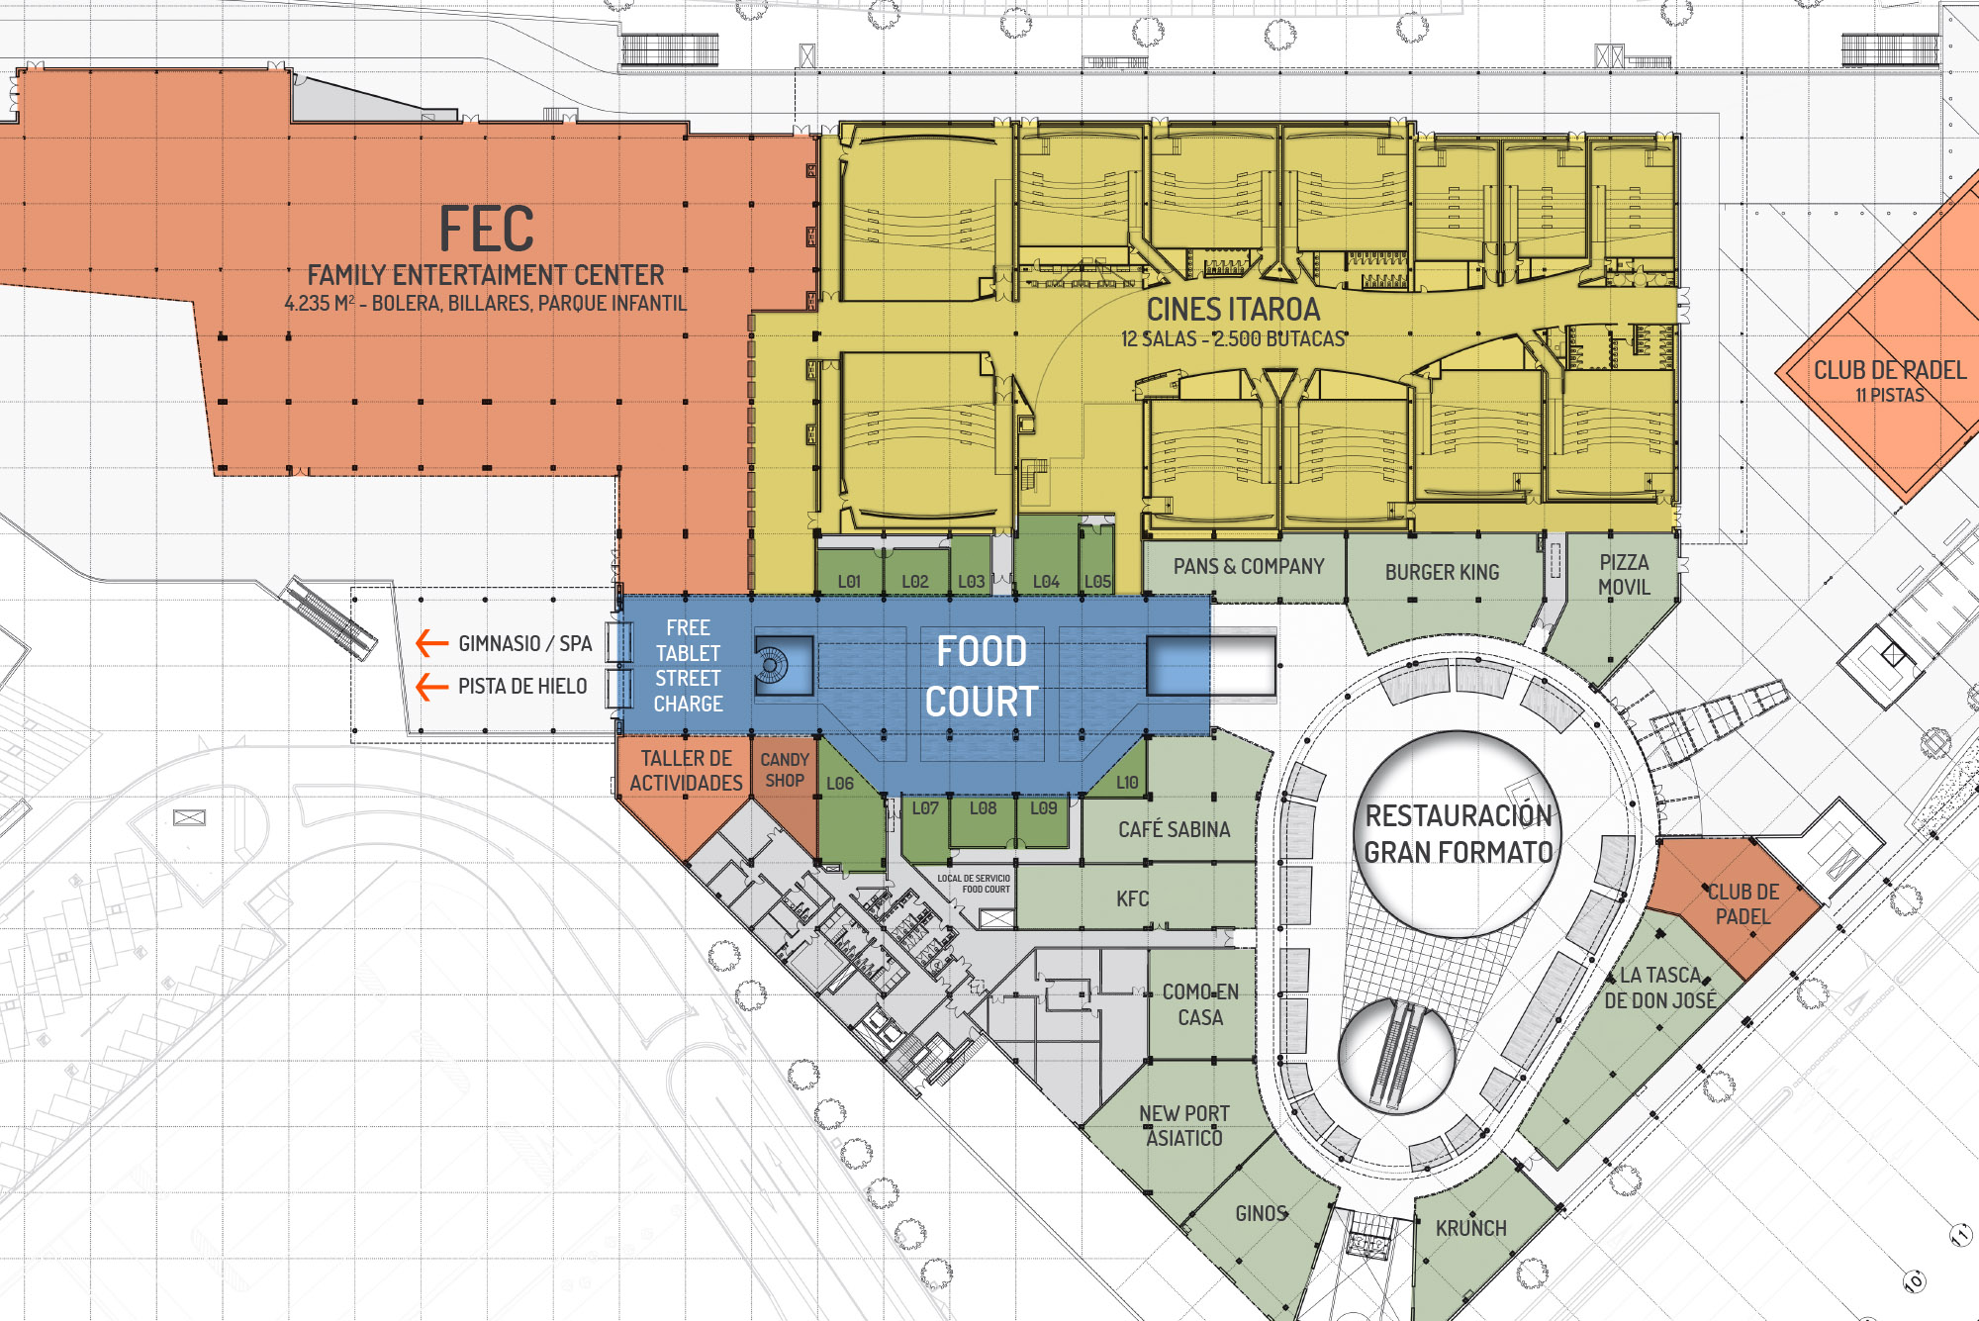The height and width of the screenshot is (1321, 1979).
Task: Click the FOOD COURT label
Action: tap(982, 676)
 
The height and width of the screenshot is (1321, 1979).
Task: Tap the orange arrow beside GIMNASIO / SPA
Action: tap(431, 643)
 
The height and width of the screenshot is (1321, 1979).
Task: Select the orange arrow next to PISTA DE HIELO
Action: tap(431, 686)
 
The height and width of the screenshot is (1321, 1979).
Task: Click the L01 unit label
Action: tap(849, 582)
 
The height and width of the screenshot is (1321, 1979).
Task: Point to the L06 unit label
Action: tap(840, 784)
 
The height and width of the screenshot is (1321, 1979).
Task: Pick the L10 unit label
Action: tap(1127, 783)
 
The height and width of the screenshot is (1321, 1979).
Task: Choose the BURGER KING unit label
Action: tap(1442, 572)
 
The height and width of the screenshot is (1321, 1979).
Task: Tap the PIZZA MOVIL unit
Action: tap(1624, 574)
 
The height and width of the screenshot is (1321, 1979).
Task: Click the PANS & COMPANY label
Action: tap(1249, 566)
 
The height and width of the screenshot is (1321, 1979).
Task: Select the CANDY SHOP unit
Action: tap(785, 770)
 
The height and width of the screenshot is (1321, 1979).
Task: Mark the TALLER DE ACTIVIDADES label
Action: tap(686, 771)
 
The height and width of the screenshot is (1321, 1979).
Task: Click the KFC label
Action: tap(1133, 898)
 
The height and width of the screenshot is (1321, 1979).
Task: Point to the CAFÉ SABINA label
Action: tap(1175, 829)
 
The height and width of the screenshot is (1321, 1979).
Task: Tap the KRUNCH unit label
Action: tap(1471, 1228)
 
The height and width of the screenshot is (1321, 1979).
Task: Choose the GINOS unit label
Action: tap(1261, 1213)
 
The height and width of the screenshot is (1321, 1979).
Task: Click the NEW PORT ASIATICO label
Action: tap(1184, 1126)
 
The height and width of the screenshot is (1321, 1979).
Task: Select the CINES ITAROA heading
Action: tap(1233, 309)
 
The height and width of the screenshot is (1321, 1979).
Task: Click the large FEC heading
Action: tap(487, 230)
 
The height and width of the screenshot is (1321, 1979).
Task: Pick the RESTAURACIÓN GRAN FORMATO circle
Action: tap(1458, 834)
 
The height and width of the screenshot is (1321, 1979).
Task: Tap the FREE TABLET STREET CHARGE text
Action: tap(688, 666)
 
